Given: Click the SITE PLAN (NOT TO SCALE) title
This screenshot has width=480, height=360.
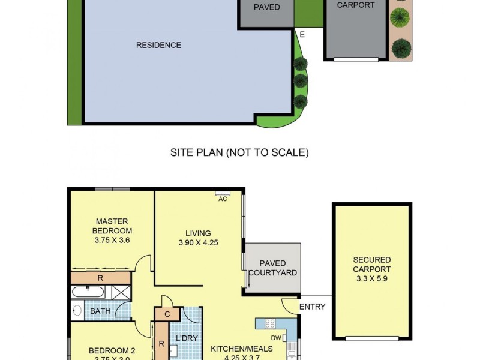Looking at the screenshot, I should tap(239, 152).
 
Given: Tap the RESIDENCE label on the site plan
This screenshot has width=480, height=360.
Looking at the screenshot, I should tap(158, 45).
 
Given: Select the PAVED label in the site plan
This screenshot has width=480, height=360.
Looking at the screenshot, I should tap(266, 7).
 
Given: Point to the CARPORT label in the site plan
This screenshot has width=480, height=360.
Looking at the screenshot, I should tap(356, 5).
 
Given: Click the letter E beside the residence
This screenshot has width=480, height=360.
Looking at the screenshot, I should tap(302, 34).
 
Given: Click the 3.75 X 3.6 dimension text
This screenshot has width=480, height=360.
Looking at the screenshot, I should tap(112, 240).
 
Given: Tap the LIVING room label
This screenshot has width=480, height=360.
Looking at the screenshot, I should tap(198, 233).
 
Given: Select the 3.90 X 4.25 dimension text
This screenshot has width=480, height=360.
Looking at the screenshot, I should tap(198, 243).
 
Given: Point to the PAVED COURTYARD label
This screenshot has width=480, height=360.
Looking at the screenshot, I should tap(272, 268).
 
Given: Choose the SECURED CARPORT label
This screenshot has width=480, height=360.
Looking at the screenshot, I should tap(371, 265).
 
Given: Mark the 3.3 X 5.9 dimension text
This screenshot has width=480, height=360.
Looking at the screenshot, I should tap(371, 278).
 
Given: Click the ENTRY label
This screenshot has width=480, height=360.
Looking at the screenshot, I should tap(312, 307).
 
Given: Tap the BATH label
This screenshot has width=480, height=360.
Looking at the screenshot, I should tap(100, 311).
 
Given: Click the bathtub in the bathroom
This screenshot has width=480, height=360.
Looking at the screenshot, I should tap(88, 292).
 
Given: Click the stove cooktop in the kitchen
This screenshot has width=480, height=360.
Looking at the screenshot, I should tap(270, 324).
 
